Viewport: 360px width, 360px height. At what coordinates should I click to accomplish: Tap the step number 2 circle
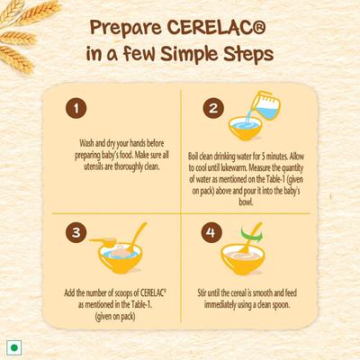point(213,109)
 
